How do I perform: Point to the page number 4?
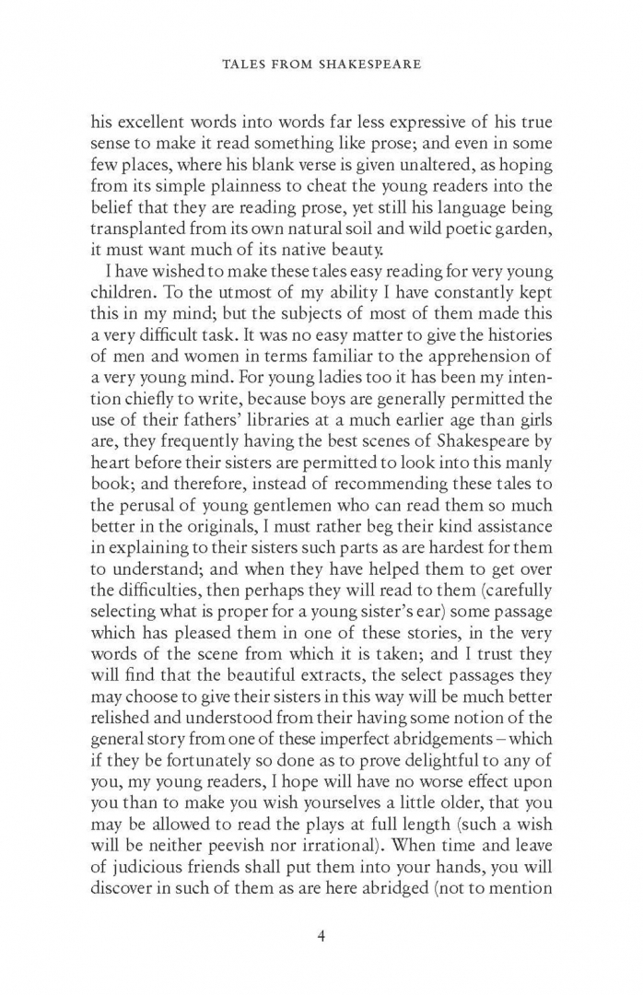point(321,937)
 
